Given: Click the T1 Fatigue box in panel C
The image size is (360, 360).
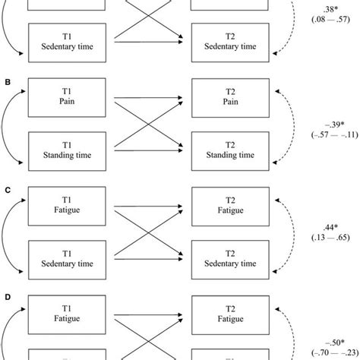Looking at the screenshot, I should [x=69, y=204].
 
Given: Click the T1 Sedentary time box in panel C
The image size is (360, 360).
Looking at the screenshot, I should [x=69, y=258].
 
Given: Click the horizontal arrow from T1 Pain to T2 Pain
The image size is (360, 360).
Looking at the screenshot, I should [x=147, y=98].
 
